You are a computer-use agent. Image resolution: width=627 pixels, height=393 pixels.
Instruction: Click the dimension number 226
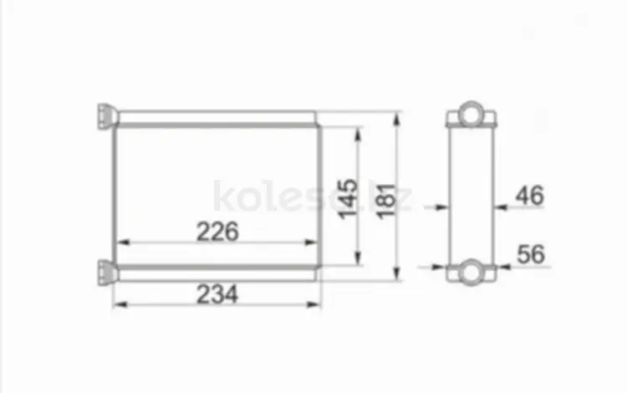pyautogui.click(x=217, y=232)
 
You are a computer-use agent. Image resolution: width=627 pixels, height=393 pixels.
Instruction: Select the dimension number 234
pyautogui.click(x=217, y=294)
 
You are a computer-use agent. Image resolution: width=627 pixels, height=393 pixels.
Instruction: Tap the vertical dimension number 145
pyautogui.click(x=349, y=199)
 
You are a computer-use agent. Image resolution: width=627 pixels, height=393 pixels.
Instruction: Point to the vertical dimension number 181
pyautogui.click(x=387, y=201)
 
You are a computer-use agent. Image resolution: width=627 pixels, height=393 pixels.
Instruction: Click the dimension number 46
pyautogui.click(x=530, y=196)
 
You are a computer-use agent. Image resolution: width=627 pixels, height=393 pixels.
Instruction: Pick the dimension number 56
pyautogui.click(x=531, y=254)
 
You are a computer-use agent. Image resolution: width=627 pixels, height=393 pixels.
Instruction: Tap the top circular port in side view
pyautogui.click(x=472, y=114)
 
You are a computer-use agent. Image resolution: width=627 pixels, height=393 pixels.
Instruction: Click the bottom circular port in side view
pyautogui.click(x=472, y=273)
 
